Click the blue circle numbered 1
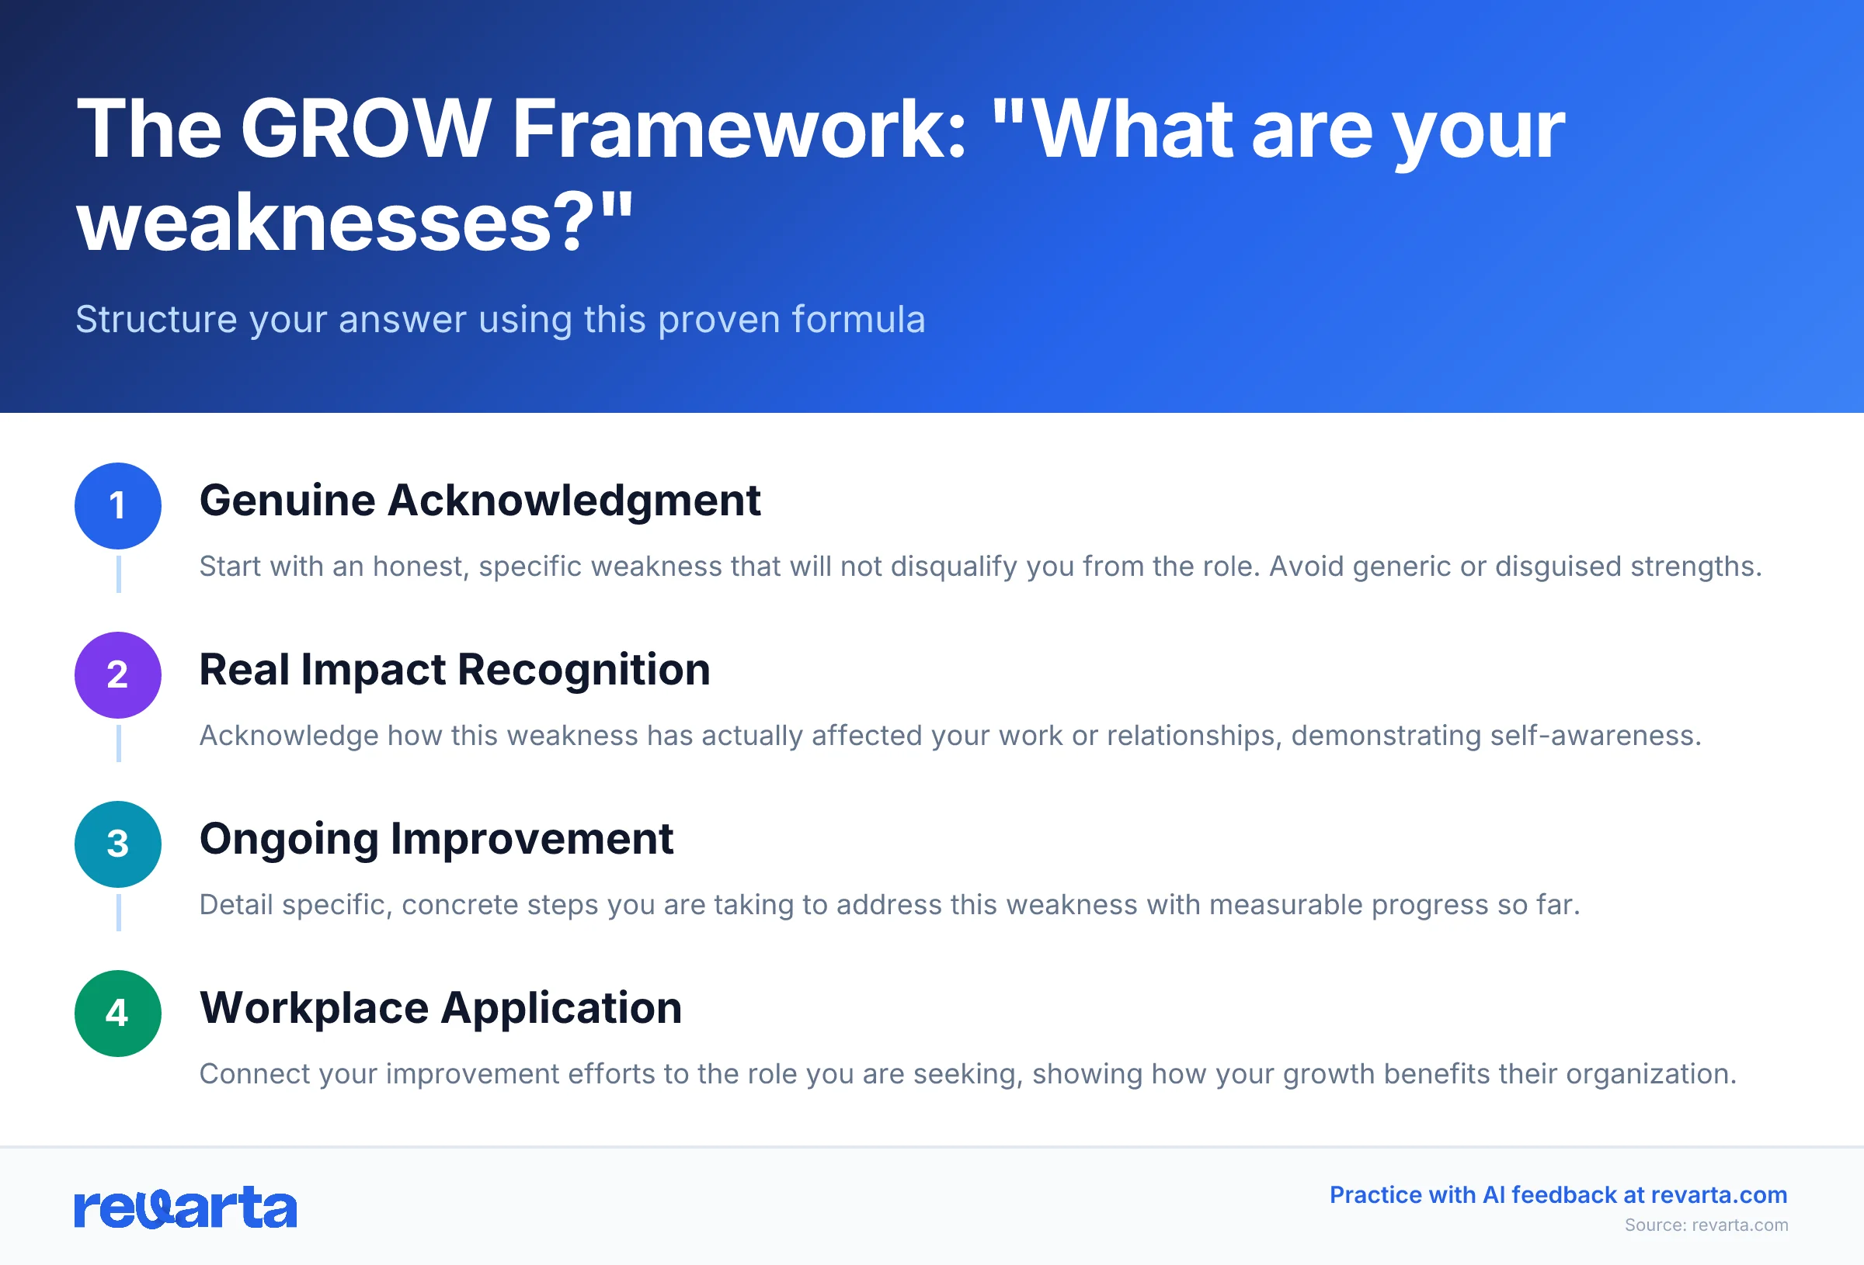coord(118,506)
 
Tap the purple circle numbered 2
coord(118,675)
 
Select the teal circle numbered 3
coord(118,844)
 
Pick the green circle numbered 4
coord(118,1014)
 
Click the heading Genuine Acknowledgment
coord(480,501)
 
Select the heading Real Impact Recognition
coord(454,671)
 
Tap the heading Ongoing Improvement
coord(436,840)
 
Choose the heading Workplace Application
coord(440,1008)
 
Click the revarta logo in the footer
coord(186,1208)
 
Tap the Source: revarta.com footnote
coord(1706,1225)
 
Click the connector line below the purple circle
coord(119,743)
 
